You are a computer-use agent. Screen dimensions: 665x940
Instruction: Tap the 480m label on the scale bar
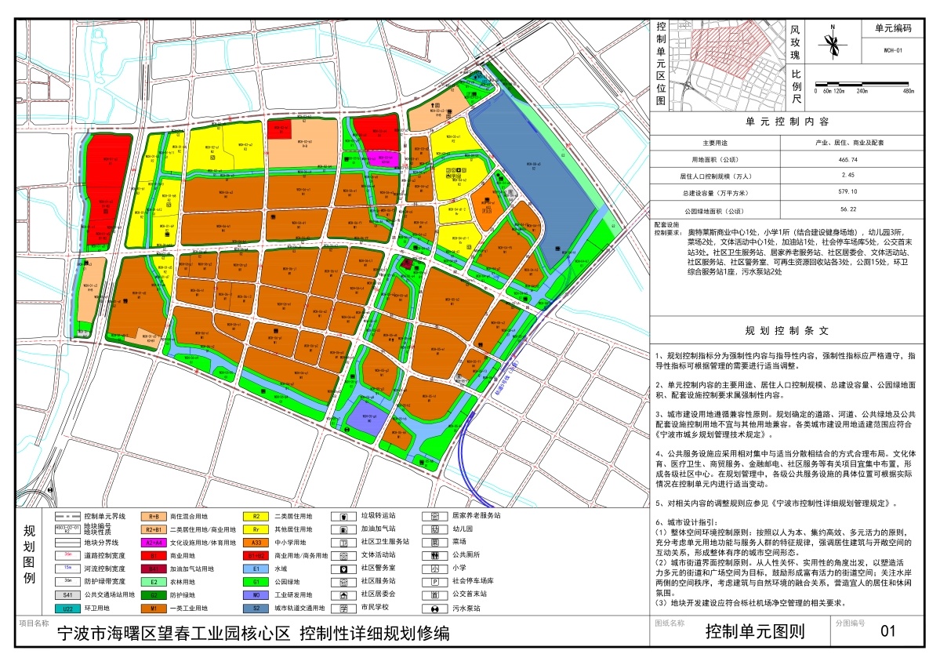tap(908, 92)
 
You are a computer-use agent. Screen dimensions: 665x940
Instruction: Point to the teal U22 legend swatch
tap(68, 608)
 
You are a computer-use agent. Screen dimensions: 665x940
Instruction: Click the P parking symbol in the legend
tap(434, 581)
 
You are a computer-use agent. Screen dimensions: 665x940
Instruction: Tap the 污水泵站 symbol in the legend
tap(434, 608)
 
